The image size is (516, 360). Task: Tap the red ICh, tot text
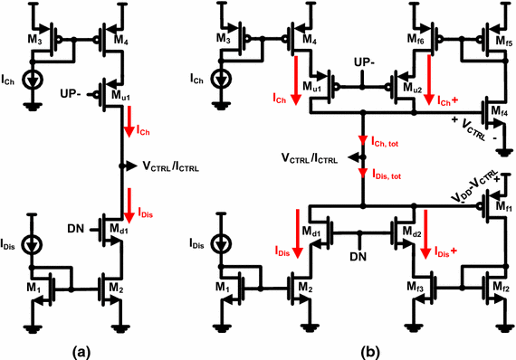pyautogui.click(x=392, y=142)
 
